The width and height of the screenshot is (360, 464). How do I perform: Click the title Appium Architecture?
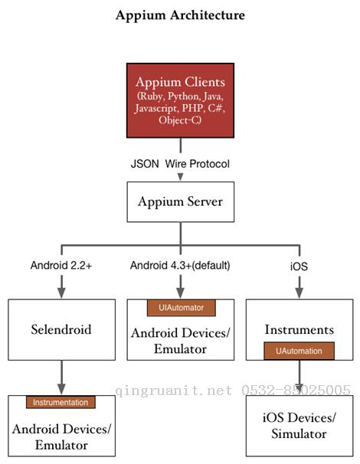(180, 15)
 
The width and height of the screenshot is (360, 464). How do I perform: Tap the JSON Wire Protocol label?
(181, 163)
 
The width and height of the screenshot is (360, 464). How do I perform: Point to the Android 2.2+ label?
(61, 266)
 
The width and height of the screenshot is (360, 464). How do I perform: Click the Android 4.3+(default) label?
(180, 266)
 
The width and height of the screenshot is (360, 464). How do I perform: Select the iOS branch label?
(299, 266)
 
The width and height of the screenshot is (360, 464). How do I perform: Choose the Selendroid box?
(61, 329)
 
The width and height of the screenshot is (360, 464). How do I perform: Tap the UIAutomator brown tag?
(182, 308)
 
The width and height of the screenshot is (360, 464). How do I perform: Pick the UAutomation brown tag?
(299, 351)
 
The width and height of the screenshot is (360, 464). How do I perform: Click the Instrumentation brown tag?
(61, 402)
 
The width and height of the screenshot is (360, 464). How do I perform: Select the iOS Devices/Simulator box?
(299, 425)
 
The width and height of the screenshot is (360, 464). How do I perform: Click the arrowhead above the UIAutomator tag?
(181, 292)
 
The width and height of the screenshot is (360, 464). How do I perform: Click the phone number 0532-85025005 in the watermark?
(296, 390)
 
